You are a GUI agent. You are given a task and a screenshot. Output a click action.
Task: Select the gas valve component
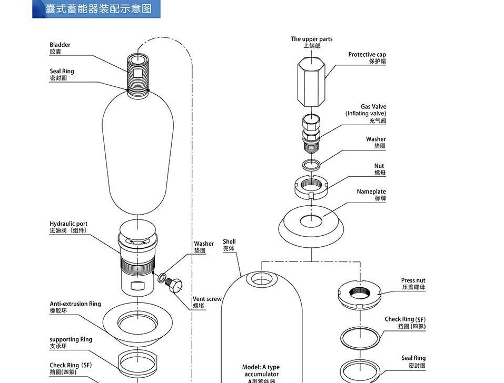(x=311, y=128)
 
